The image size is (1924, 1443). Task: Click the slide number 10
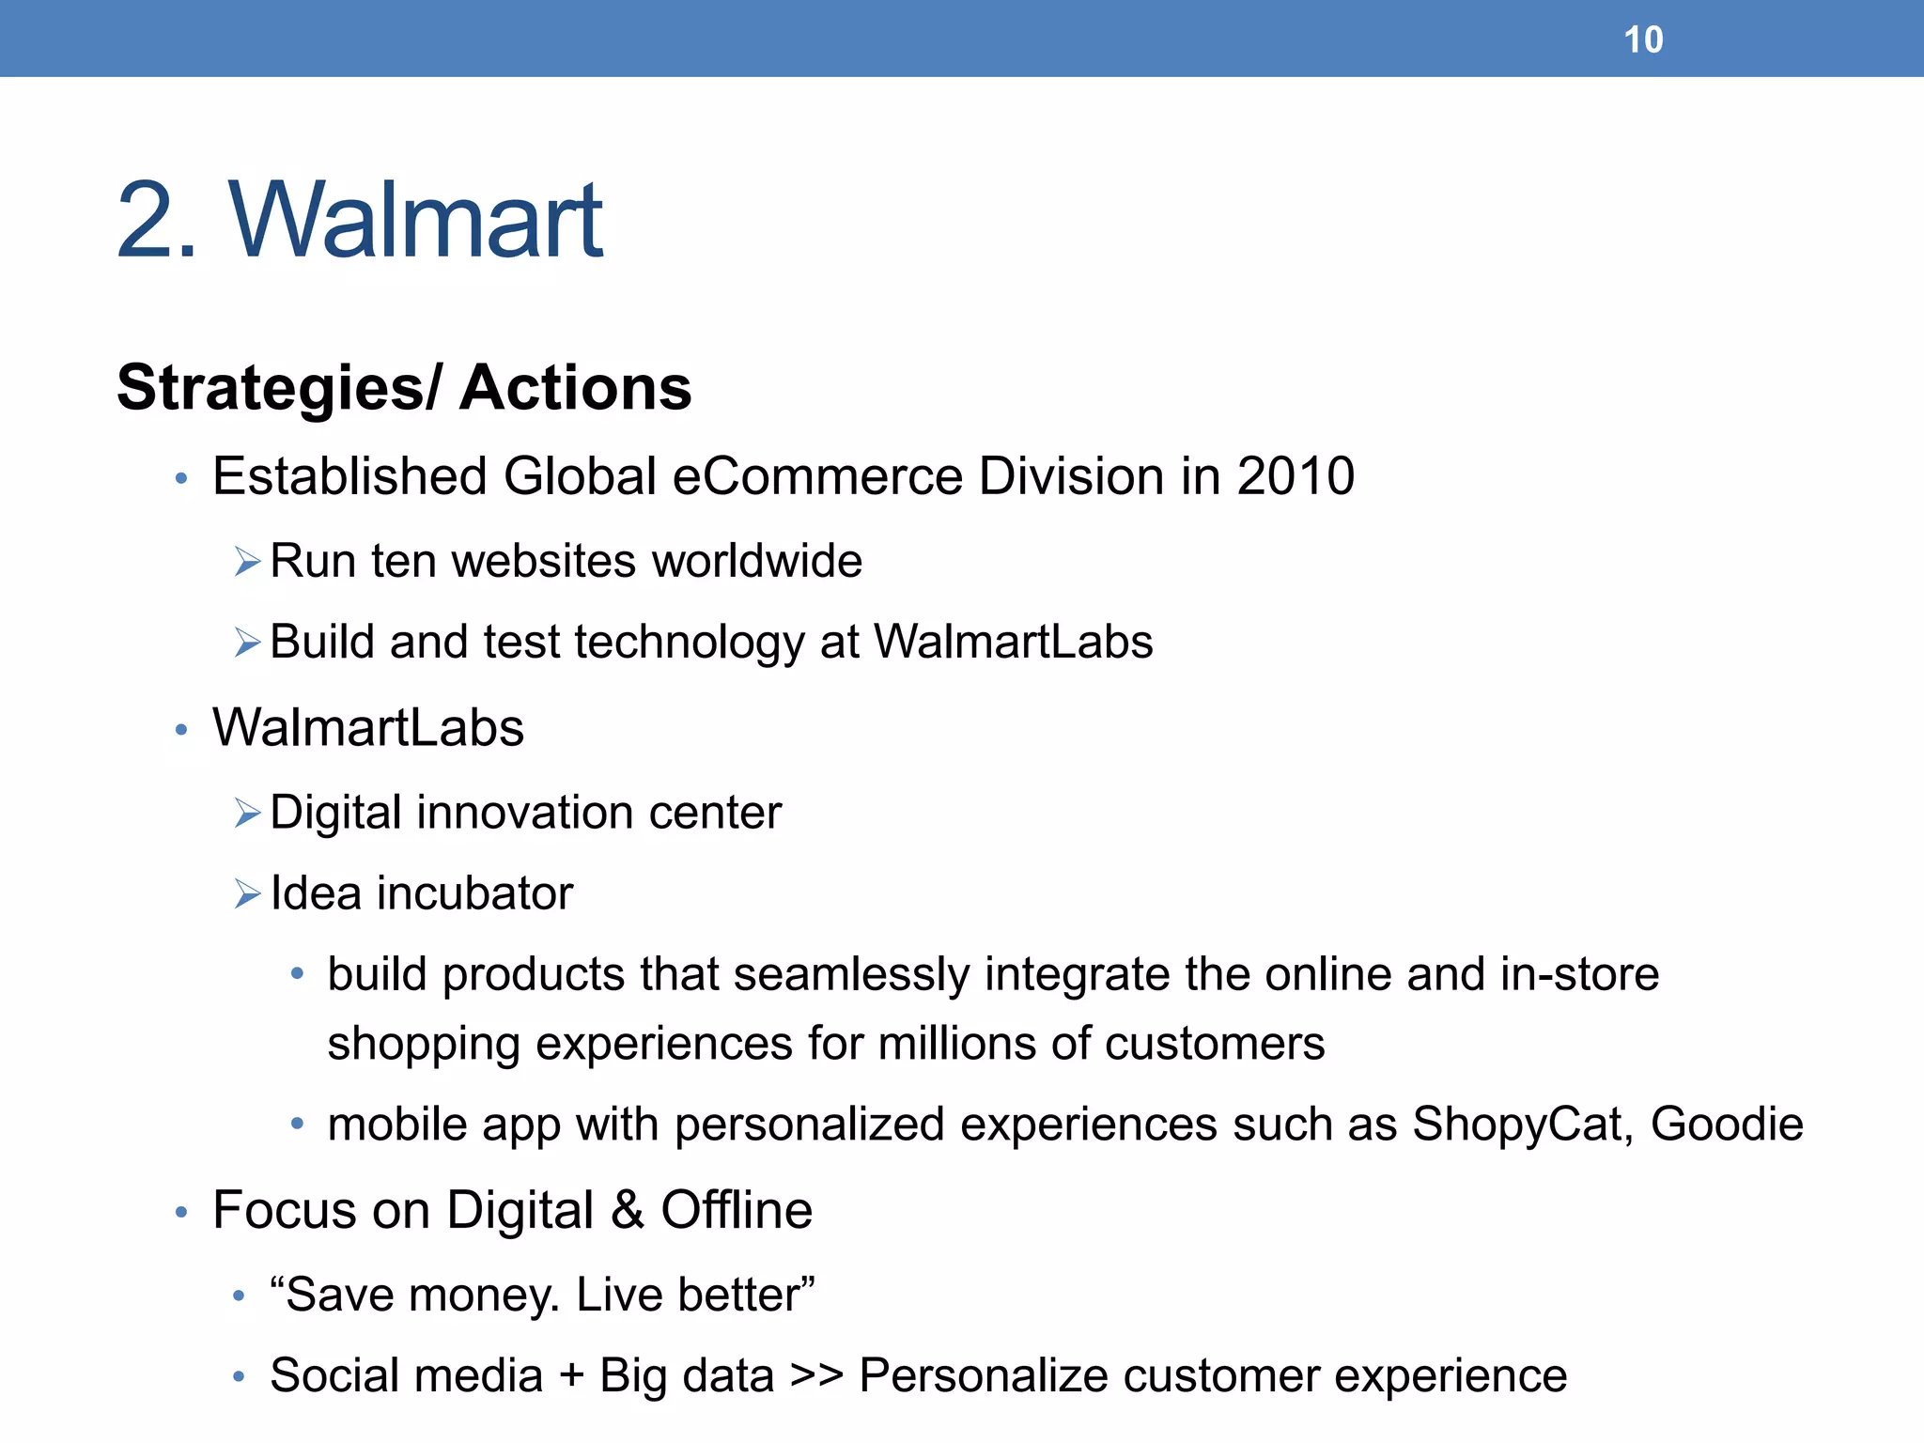point(1643,40)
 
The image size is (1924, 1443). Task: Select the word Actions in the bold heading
point(575,389)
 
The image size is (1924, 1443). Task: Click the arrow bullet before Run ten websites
point(247,563)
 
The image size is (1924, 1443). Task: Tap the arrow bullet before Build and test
point(247,644)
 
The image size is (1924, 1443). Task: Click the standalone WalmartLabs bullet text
point(368,728)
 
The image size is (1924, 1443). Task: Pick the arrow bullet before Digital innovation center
point(247,814)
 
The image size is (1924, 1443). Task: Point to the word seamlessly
point(850,974)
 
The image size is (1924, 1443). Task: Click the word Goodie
point(1727,1125)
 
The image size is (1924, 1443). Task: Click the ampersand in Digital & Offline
point(627,1210)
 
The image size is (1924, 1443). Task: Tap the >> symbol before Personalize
point(816,1376)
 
